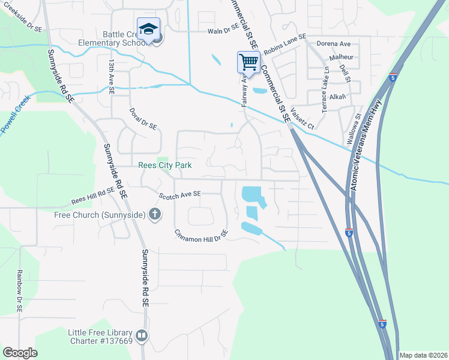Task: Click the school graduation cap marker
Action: pyautogui.click(x=148, y=28)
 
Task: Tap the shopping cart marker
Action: pyautogui.click(x=249, y=61)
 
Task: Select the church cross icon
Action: pyautogui.click(x=155, y=214)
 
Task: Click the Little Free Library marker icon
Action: pyautogui.click(x=142, y=336)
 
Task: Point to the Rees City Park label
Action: pyautogui.click(x=164, y=166)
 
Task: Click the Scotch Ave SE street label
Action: pyautogui.click(x=179, y=194)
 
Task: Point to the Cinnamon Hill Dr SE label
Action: pyautogui.click(x=201, y=232)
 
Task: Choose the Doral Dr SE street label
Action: pyautogui.click(x=143, y=119)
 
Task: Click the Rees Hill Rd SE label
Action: pyautogui.click(x=92, y=194)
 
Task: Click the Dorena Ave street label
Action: pyautogui.click(x=334, y=44)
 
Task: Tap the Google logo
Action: pyautogui.click(x=20, y=352)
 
